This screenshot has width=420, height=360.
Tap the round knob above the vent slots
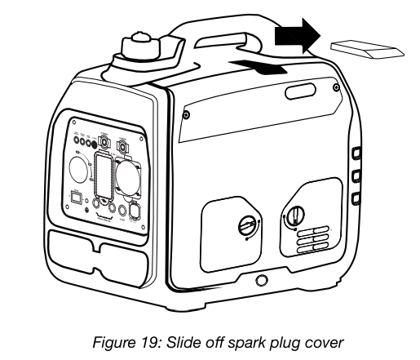[294, 217]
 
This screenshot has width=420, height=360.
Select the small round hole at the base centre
[262, 281]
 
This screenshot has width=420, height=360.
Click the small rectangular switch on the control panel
[75, 197]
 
